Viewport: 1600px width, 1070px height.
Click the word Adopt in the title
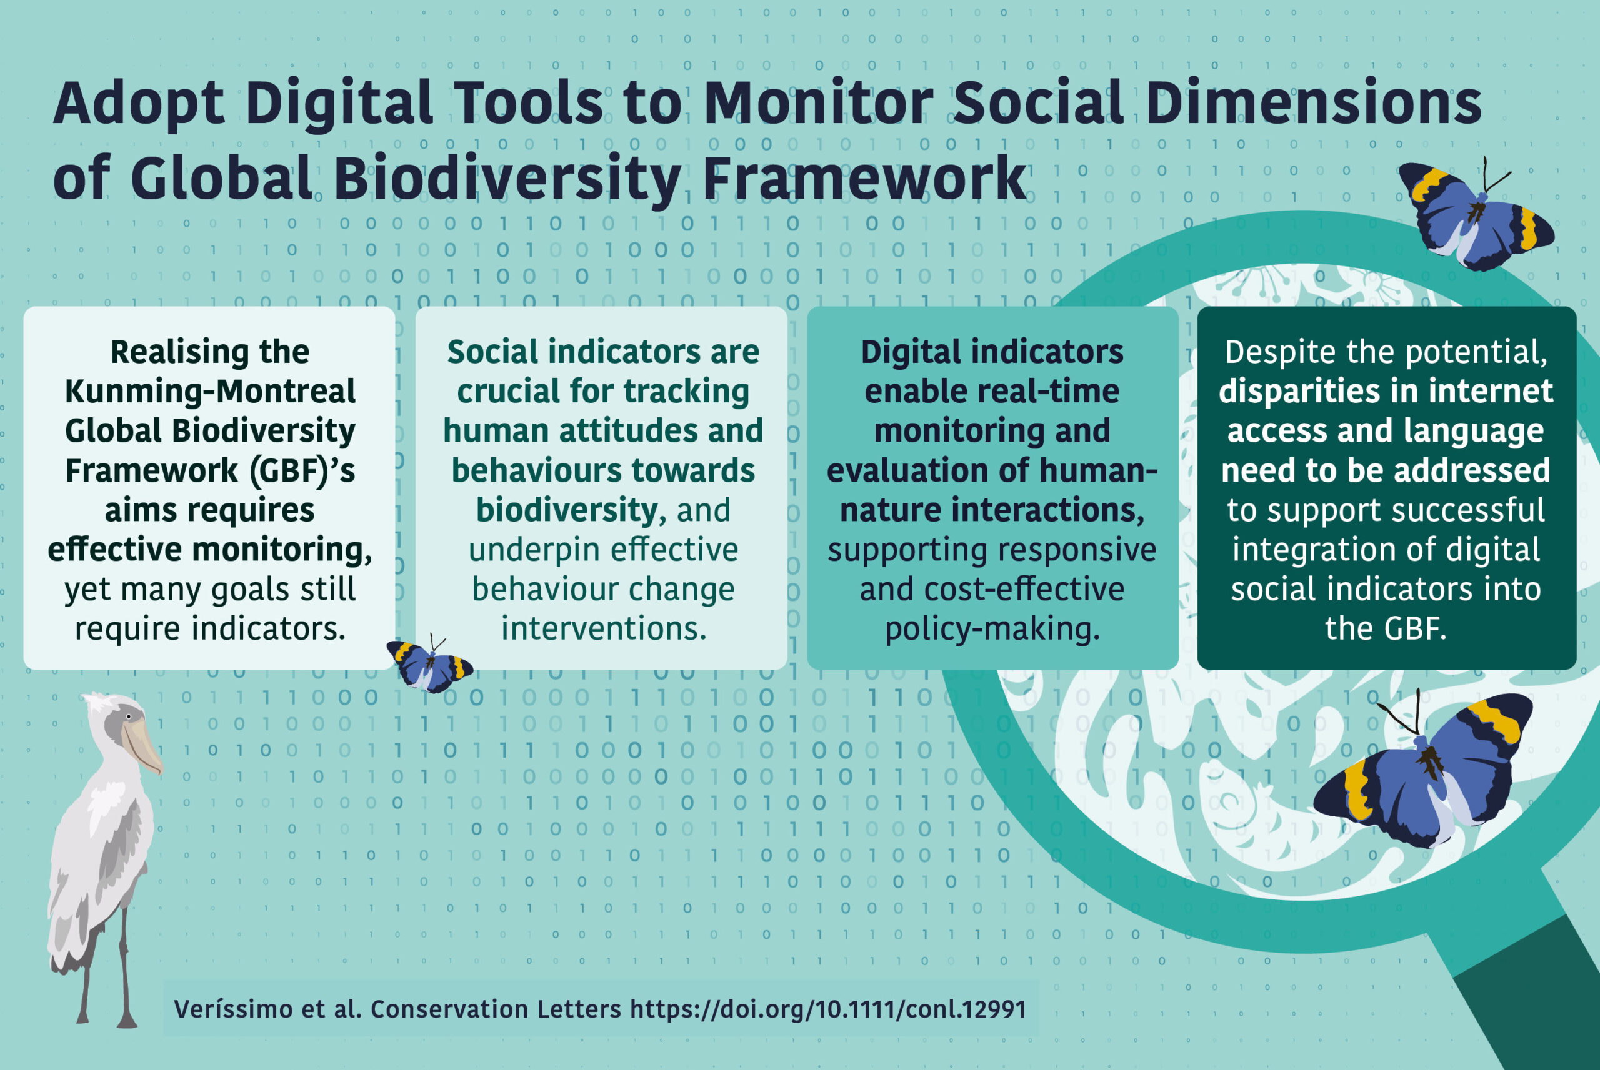[139, 104]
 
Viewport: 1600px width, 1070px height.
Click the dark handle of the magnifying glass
[1529, 996]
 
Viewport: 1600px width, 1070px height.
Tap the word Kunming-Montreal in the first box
[210, 391]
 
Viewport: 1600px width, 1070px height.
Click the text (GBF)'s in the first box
[302, 471]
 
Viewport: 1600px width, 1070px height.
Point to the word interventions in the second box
[603, 628]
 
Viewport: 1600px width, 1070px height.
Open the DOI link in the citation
[828, 1009]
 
